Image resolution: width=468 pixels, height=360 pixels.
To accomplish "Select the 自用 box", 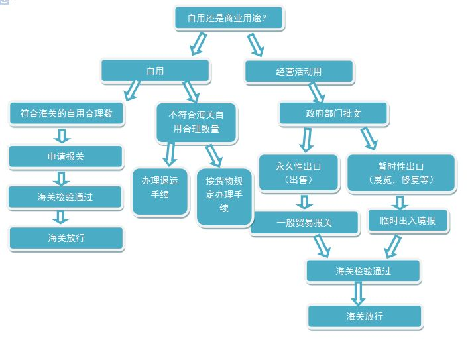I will [155, 70].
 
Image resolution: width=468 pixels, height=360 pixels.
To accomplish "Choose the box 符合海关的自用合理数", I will [66, 113].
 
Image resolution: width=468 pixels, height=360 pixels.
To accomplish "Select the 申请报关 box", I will [66, 156].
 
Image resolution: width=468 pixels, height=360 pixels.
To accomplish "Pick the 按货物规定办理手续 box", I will [224, 194].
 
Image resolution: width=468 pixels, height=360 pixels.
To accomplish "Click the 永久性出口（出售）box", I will [298, 172].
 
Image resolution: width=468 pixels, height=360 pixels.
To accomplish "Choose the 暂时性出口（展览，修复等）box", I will [400, 172].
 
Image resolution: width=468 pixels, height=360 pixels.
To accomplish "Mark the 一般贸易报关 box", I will [304, 223].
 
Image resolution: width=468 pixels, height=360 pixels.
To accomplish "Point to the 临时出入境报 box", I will [408, 221].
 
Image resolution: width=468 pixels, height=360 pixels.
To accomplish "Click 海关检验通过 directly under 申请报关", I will [66, 197].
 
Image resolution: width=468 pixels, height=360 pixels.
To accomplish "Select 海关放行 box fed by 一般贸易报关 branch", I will [365, 316].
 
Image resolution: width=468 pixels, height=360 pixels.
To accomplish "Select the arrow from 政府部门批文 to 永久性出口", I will [306, 139].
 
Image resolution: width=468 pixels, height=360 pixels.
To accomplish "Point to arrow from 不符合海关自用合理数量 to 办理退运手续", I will [170, 153].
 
